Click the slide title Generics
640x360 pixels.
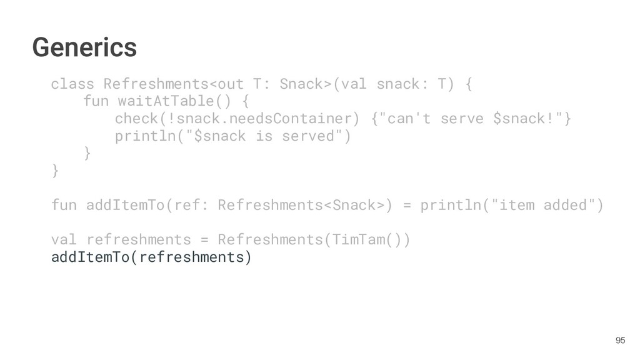click(84, 47)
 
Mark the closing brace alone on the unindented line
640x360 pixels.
click(56, 170)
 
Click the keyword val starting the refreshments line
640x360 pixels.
click(64, 239)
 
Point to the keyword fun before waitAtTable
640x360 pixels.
click(96, 101)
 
